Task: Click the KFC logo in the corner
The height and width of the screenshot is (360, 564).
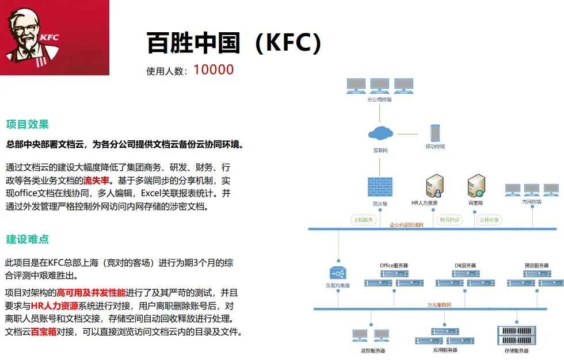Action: (54, 37)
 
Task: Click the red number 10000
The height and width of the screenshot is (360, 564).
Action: (214, 70)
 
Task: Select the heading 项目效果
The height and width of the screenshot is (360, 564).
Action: (28, 124)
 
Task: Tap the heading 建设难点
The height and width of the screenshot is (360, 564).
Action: (28, 239)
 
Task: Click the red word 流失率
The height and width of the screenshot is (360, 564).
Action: (96, 180)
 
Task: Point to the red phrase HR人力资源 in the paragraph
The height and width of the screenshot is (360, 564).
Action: (55, 305)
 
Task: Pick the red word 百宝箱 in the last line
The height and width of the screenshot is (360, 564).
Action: (43, 332)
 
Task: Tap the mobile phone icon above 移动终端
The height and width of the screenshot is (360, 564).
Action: (435, 133)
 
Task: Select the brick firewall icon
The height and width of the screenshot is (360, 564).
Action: (380, 187)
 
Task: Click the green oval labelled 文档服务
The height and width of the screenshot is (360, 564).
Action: (363, 220)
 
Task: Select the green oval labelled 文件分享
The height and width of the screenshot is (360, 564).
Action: (489, 220)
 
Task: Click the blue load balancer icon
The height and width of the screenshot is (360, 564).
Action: (338, 273)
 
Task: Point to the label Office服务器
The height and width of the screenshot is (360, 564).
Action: (394, 266)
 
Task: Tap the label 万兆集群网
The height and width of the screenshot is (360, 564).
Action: (439, 304)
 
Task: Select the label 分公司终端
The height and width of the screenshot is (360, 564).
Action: (379, 99)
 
